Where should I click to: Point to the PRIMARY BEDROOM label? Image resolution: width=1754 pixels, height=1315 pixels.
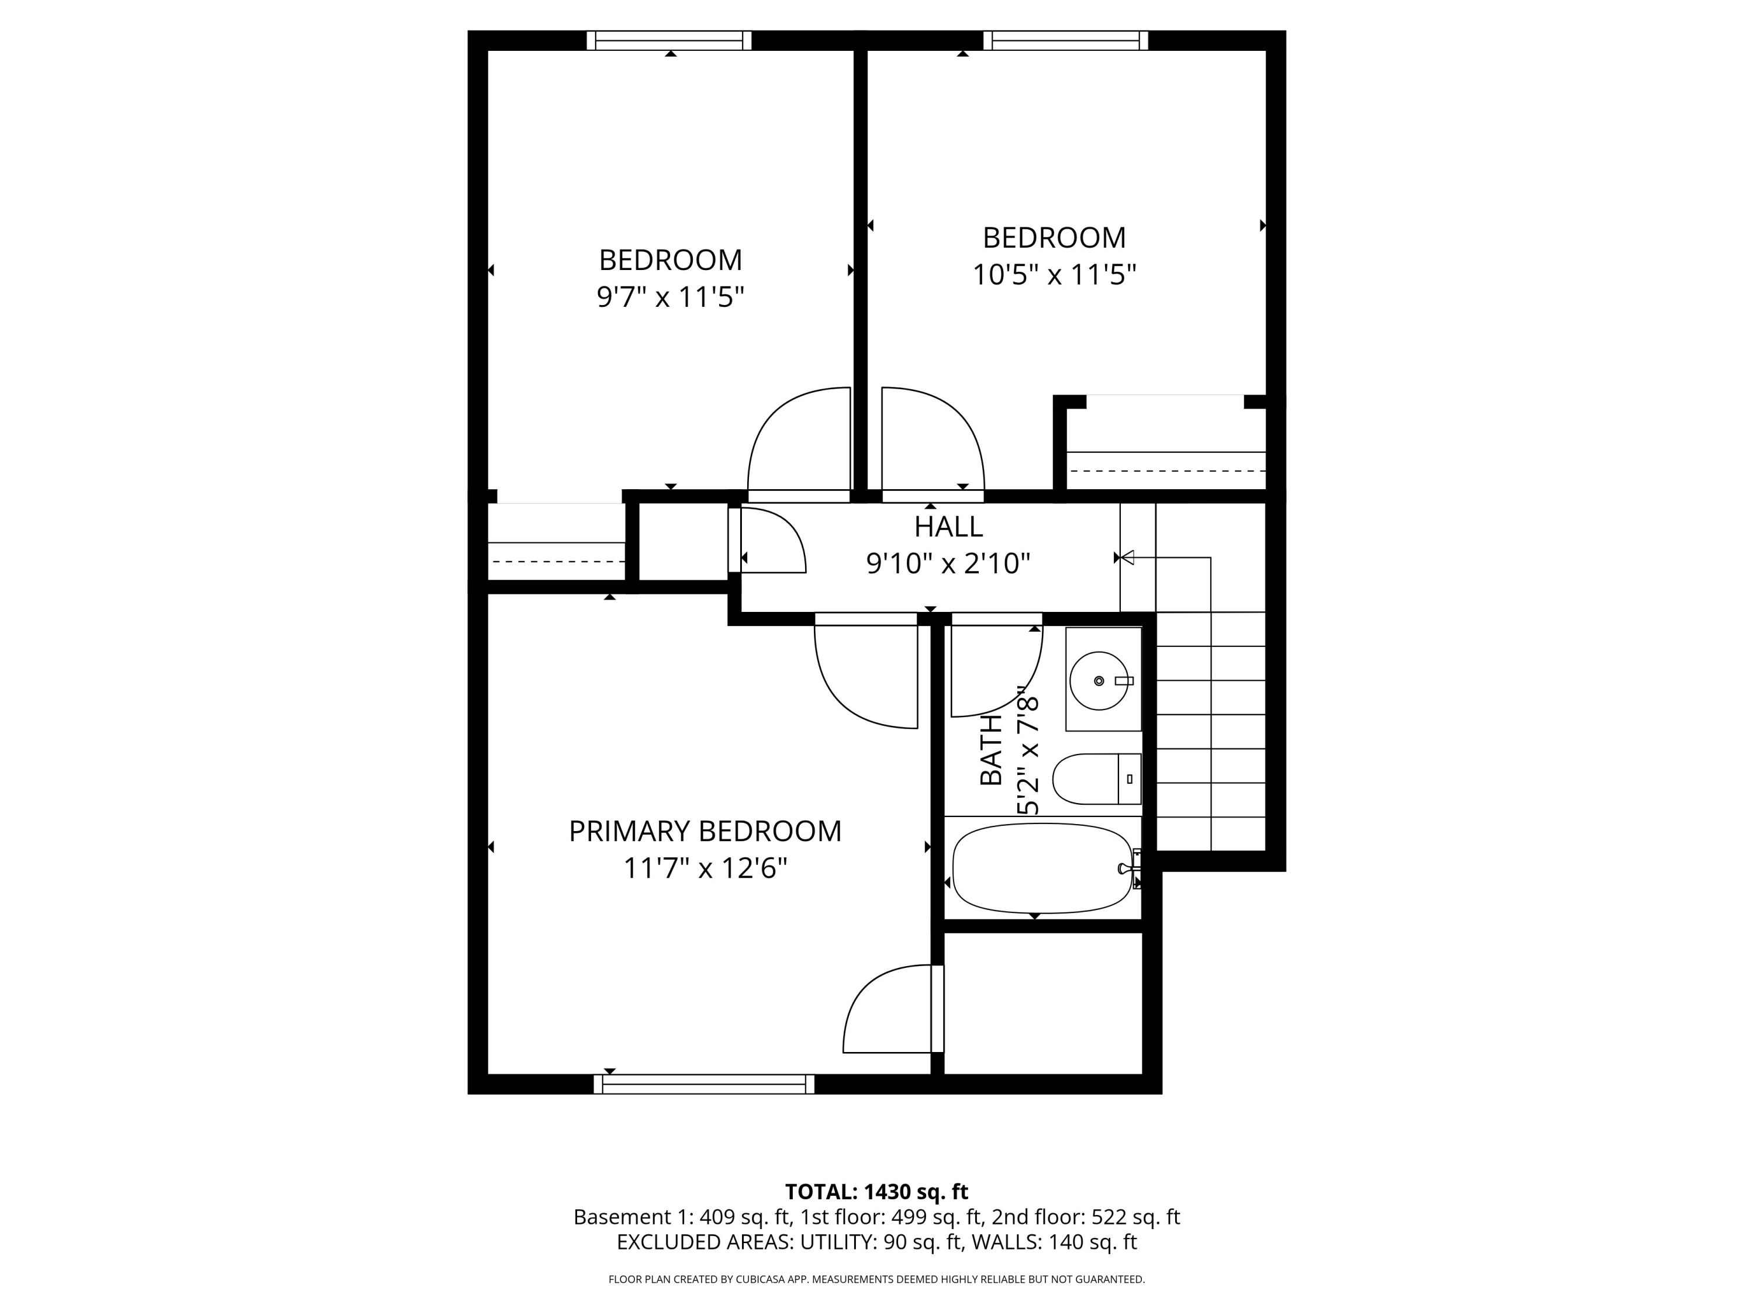[705, 830]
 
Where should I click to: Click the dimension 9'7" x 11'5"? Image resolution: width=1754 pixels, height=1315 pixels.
[670, 297]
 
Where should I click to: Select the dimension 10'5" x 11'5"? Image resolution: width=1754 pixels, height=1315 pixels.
[1054, 275]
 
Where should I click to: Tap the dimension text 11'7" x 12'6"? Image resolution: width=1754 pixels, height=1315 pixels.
[705, 868]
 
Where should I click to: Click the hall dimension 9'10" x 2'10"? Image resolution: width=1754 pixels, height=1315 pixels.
[948, 563]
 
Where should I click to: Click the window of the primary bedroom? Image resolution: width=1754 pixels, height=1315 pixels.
[704, 1084]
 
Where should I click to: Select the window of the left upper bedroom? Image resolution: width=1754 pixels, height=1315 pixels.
[669, 40]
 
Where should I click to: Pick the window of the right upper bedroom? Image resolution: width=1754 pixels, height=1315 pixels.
[1066, 40]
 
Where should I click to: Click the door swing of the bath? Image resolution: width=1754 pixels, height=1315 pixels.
[995, 670]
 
